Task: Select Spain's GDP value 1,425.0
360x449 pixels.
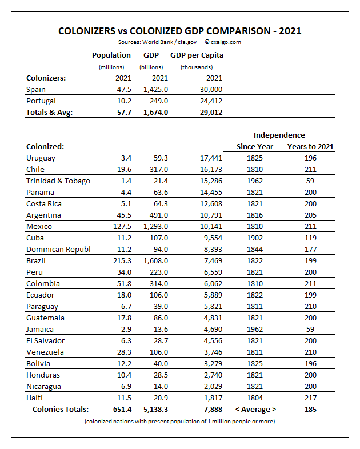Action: pyautogui.click(x=156, y=90)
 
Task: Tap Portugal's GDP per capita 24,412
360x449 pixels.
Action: pyautogui.click(x=210, y=101)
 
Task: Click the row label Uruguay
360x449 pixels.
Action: pyautogui.click(x=41, y=158)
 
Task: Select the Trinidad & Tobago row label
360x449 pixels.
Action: pyautogui.click(x=58, y=181)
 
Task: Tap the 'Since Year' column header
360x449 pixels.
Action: pyautogui.click(x=255, y=147)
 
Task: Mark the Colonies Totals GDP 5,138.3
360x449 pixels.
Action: pyautogui.click(x=154, y=410)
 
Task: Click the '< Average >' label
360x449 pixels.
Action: pyautogui.click(x=255, y=410)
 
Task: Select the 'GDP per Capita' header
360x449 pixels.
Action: pyautogui.click(x=197, y=55)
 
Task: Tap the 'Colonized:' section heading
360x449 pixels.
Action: pyautogui.click(x=45, y=147)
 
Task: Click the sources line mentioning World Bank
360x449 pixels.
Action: pyautogui.click(x=179, y=42)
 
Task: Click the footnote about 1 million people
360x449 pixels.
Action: pyautogui.click(x=179, y=422)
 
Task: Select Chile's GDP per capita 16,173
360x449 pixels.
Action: pyautogui.click(x=210, y=170)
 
